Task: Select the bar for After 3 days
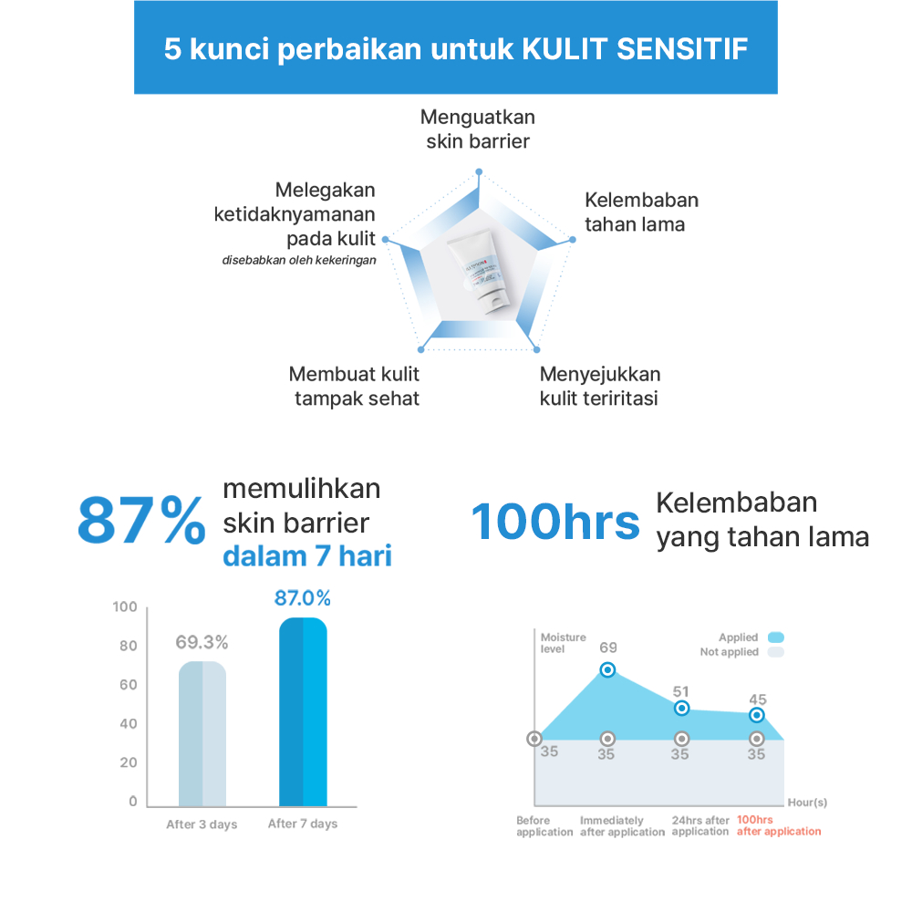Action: click(202, 733)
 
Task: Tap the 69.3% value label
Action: click(202, 642)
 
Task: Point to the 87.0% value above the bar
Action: click(303, 598)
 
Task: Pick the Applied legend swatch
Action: click(776, 637)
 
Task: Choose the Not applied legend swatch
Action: click(776, 652)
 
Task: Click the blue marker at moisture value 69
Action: click(608, 669)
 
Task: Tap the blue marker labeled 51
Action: click(681, 709)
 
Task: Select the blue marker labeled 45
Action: click(756, 716)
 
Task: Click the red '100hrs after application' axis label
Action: click(778, 825)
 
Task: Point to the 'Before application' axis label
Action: click(544, 825)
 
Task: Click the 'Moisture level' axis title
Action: click(563, 643)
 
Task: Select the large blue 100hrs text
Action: click(554, 523)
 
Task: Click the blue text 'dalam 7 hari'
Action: click(307, 555)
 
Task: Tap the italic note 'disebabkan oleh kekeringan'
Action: click(299, 260)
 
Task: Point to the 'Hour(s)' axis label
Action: click(807, 803)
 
